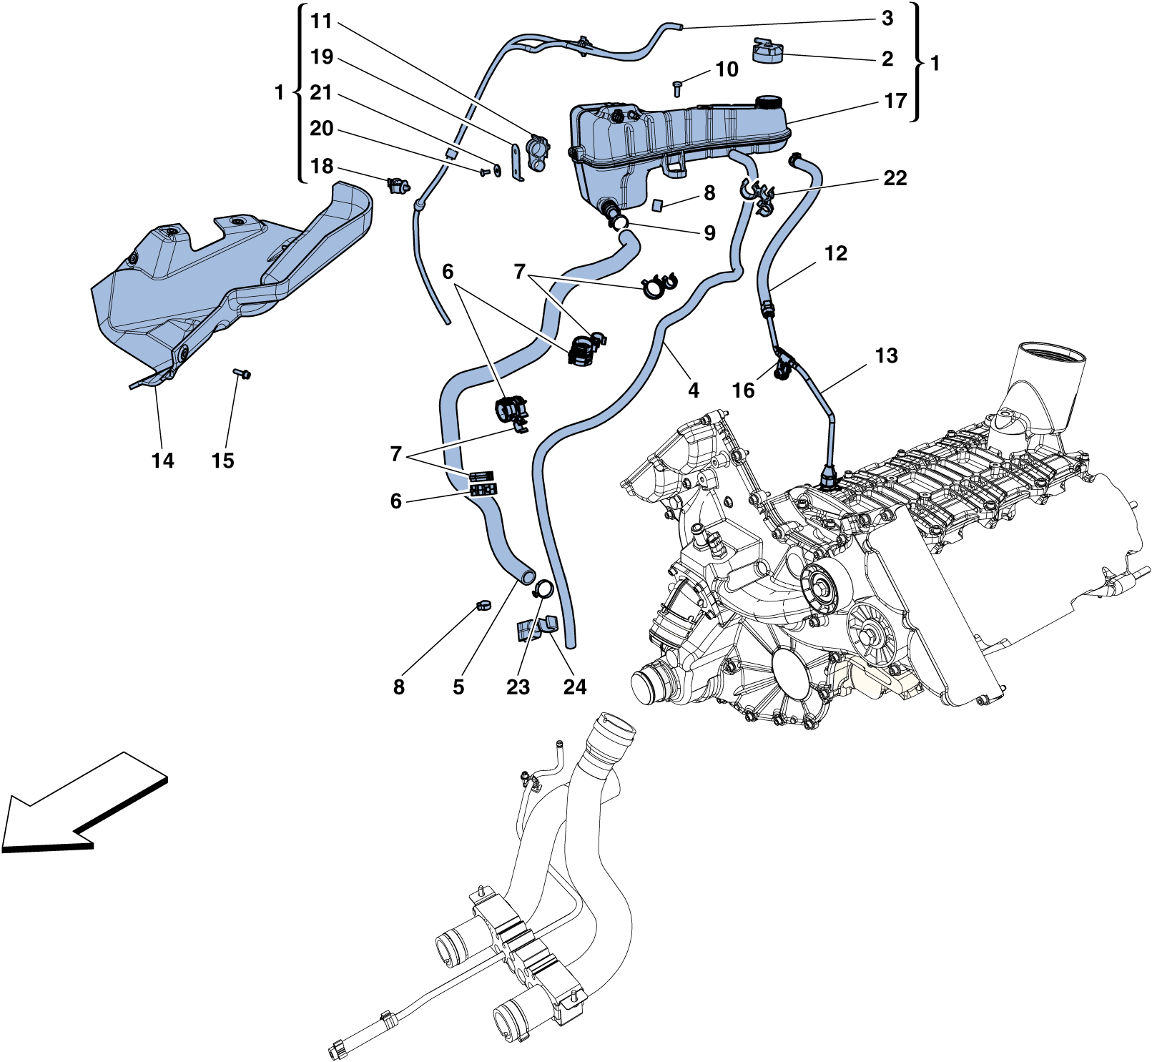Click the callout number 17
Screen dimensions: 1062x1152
895,101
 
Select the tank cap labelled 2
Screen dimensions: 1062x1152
768,51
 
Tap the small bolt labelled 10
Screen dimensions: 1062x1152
677,89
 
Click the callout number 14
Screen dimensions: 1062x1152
162,461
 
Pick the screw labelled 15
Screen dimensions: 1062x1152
242,373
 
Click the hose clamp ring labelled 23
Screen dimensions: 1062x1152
543,589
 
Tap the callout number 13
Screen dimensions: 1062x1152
886,355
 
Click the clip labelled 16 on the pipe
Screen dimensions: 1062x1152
782,368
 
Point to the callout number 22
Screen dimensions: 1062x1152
895,178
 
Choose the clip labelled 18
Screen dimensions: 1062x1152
397,186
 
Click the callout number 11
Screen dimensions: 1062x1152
322,21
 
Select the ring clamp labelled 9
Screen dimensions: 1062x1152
620,223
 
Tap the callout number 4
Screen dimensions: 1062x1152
693,390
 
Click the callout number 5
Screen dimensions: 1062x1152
458,687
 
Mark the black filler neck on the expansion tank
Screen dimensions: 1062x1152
769,102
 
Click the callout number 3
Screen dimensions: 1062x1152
887,19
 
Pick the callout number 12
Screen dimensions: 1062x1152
835,254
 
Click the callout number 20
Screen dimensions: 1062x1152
322,129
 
